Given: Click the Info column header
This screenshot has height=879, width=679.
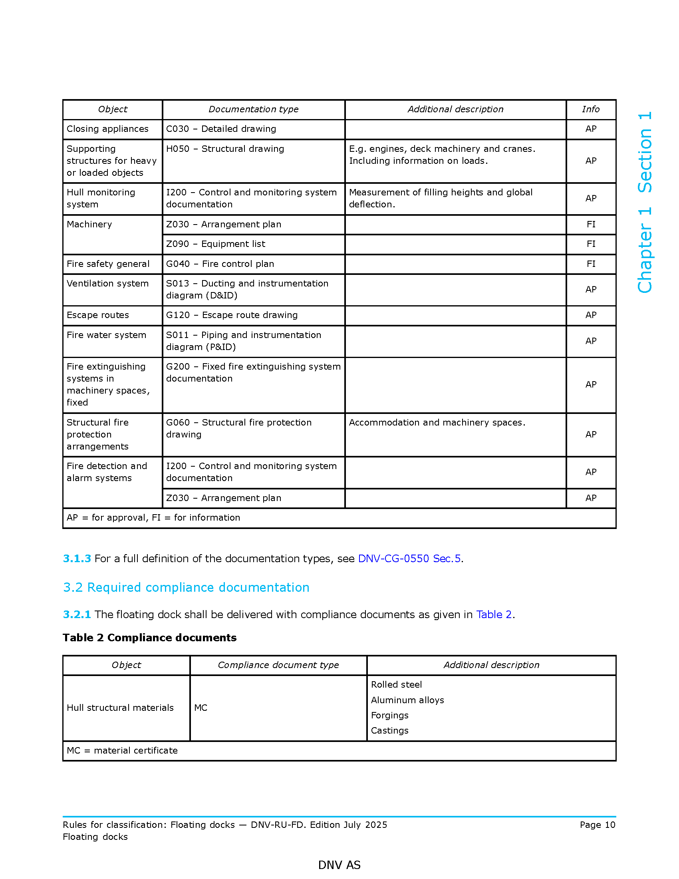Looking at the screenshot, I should pos(590,109).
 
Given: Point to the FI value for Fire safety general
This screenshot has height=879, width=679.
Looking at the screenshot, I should pos(590,264).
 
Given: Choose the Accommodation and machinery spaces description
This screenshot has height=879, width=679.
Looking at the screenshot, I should pos(437,423).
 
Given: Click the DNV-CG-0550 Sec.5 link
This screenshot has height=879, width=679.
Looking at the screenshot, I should pos(409,559).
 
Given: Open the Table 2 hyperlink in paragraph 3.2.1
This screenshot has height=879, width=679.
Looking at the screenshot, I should pos(494,615).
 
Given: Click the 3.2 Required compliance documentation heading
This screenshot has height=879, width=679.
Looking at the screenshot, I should pos(186,588).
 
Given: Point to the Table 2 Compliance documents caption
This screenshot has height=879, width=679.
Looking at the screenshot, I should pos(150,638).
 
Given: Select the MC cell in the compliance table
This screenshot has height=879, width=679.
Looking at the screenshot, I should pos(201,708).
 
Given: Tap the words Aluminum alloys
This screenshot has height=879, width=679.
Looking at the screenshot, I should pos(407,700).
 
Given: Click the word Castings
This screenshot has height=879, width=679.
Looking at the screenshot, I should pos(389,731).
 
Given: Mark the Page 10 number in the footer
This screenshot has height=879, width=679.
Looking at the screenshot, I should pos(598,825).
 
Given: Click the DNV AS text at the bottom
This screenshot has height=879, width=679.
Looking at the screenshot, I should pos(339,865).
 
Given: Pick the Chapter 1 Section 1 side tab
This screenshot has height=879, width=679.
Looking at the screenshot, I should pos(644,202).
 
